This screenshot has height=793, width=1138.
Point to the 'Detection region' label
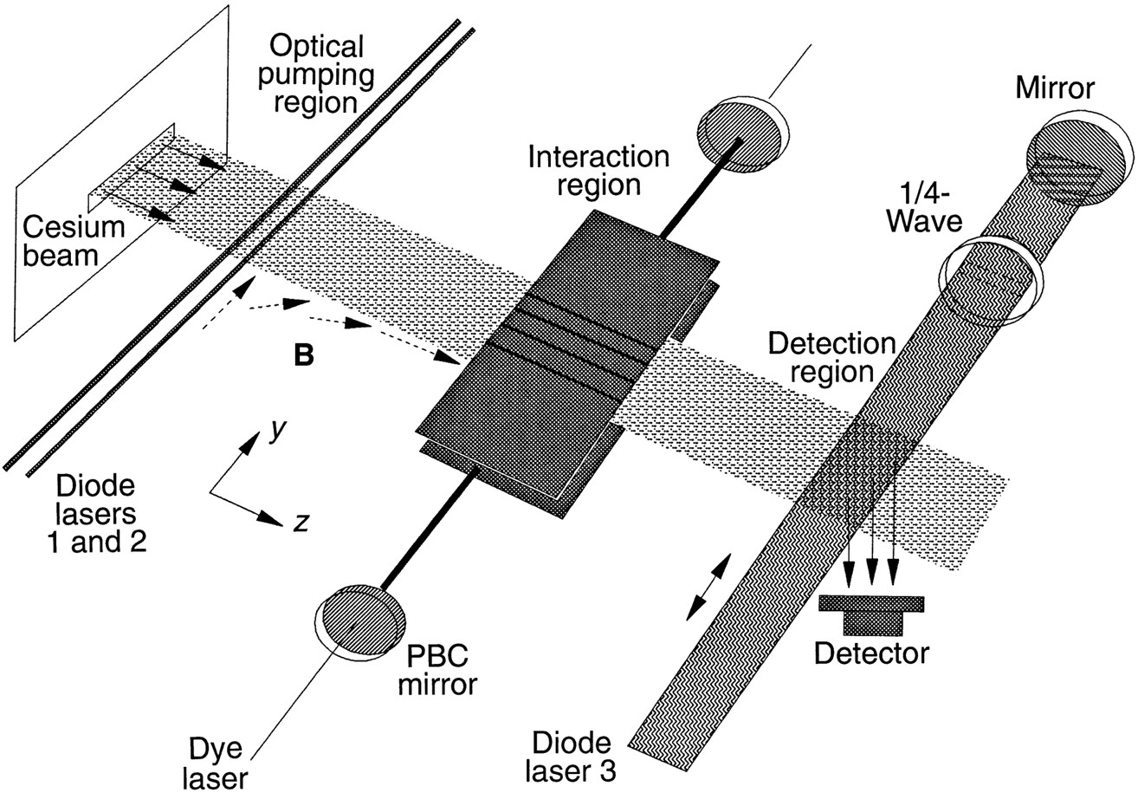831,357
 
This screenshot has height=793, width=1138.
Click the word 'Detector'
871,652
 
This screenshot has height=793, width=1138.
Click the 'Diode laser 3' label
574,756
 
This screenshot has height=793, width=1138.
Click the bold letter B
303,355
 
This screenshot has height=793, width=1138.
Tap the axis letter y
278,431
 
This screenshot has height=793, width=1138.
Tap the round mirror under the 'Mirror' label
1078,155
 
